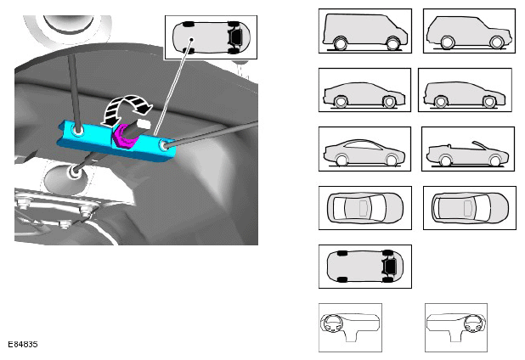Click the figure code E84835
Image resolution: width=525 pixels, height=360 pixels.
coord(23,344)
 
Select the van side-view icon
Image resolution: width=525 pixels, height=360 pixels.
coord(365,31)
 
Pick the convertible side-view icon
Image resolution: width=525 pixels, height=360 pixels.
coord(468,149)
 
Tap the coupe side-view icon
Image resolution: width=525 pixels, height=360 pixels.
coord(364,149)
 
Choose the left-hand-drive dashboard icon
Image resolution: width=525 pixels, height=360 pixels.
coord(350,328)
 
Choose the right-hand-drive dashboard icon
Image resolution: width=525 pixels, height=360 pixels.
coord(456,328)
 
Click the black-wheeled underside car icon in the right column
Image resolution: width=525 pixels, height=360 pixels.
coord(365,267)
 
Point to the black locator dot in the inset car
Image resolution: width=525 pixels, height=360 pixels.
coord(191,39)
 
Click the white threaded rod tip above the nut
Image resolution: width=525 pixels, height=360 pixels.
coord(144,124)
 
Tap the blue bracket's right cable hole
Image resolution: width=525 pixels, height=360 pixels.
coord(164,145)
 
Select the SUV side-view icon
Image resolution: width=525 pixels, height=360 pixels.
coord(469,31)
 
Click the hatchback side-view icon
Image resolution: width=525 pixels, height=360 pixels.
coord(364,90)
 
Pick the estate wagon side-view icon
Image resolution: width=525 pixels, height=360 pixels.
coord(465,90)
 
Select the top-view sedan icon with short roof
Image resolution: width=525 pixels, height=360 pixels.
coord(365,208)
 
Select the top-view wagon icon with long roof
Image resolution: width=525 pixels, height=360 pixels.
coord(470,208)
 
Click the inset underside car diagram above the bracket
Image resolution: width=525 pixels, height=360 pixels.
coord(211,37)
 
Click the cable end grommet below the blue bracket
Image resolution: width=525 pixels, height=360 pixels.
coord(74,172)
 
